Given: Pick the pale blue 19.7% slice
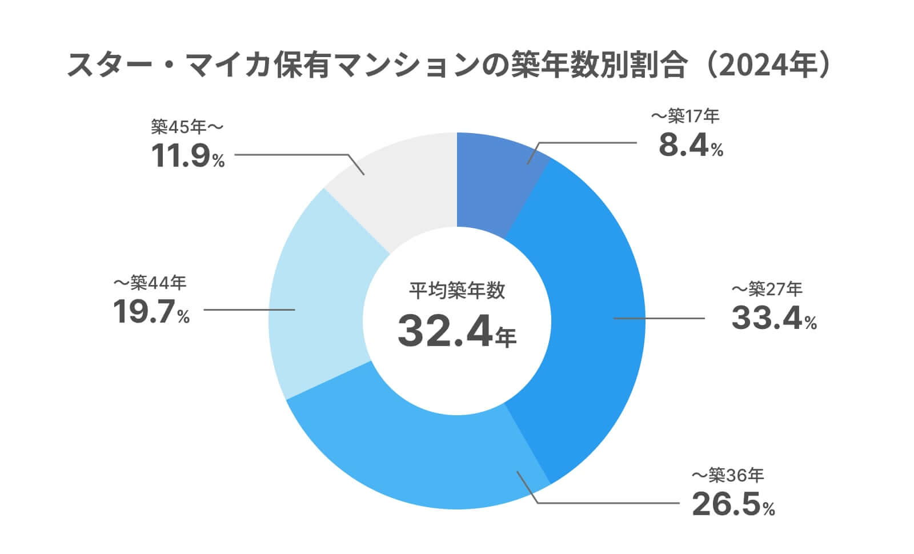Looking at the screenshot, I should pos(320,308).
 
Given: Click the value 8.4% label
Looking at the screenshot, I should pos(691,146).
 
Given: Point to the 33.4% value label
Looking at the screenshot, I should pos(773,319).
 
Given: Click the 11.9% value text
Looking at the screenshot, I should pos(188,156).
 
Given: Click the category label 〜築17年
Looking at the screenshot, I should pos(685,117).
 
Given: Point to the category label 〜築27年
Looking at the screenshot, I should pos(767,289).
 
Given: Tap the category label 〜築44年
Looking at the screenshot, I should pos(150,282).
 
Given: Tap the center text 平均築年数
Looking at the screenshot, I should pos(456,291).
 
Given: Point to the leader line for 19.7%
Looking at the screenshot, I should pos(249,310).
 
